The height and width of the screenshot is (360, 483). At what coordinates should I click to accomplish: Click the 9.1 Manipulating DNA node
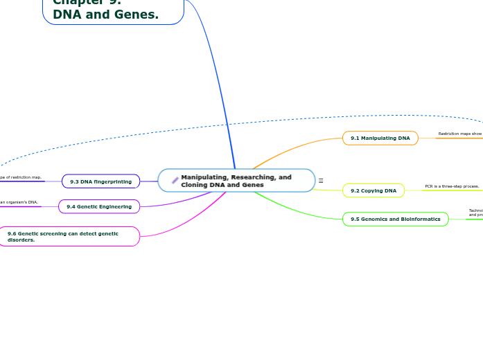380,138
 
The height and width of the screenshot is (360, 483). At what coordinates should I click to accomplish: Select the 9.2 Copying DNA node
374,190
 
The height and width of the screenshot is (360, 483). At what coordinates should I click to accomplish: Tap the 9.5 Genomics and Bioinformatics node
395,219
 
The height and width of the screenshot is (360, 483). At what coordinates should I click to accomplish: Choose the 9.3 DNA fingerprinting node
100,181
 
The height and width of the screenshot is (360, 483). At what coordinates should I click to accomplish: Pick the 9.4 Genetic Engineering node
99,206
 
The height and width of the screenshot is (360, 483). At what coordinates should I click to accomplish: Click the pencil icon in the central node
175,181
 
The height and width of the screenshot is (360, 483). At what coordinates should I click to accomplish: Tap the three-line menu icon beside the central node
321,181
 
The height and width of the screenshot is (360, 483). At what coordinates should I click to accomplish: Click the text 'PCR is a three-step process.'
452,186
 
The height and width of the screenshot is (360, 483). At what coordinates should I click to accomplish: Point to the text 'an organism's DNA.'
19,202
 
